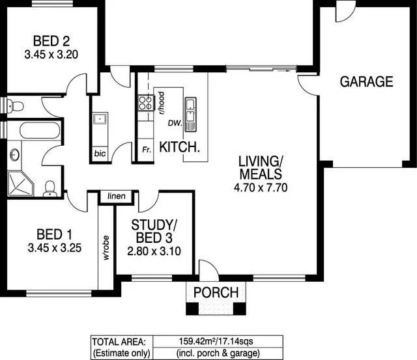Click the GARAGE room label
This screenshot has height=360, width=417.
tap(366, 81)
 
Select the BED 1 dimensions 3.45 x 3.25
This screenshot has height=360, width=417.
tap(54, 247)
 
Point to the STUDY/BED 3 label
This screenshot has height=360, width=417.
tap(154, 231)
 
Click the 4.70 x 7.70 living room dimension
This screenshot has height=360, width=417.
tap(259, 187)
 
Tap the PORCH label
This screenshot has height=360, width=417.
tap(216, 292)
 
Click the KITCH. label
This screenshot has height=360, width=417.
tap(180, 147)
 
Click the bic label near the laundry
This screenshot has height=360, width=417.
tap(99, 154)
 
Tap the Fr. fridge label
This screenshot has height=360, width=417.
tap(147, 149)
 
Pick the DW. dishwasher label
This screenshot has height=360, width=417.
tap(174, 122)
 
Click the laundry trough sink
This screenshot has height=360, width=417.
tap(100, 118)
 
